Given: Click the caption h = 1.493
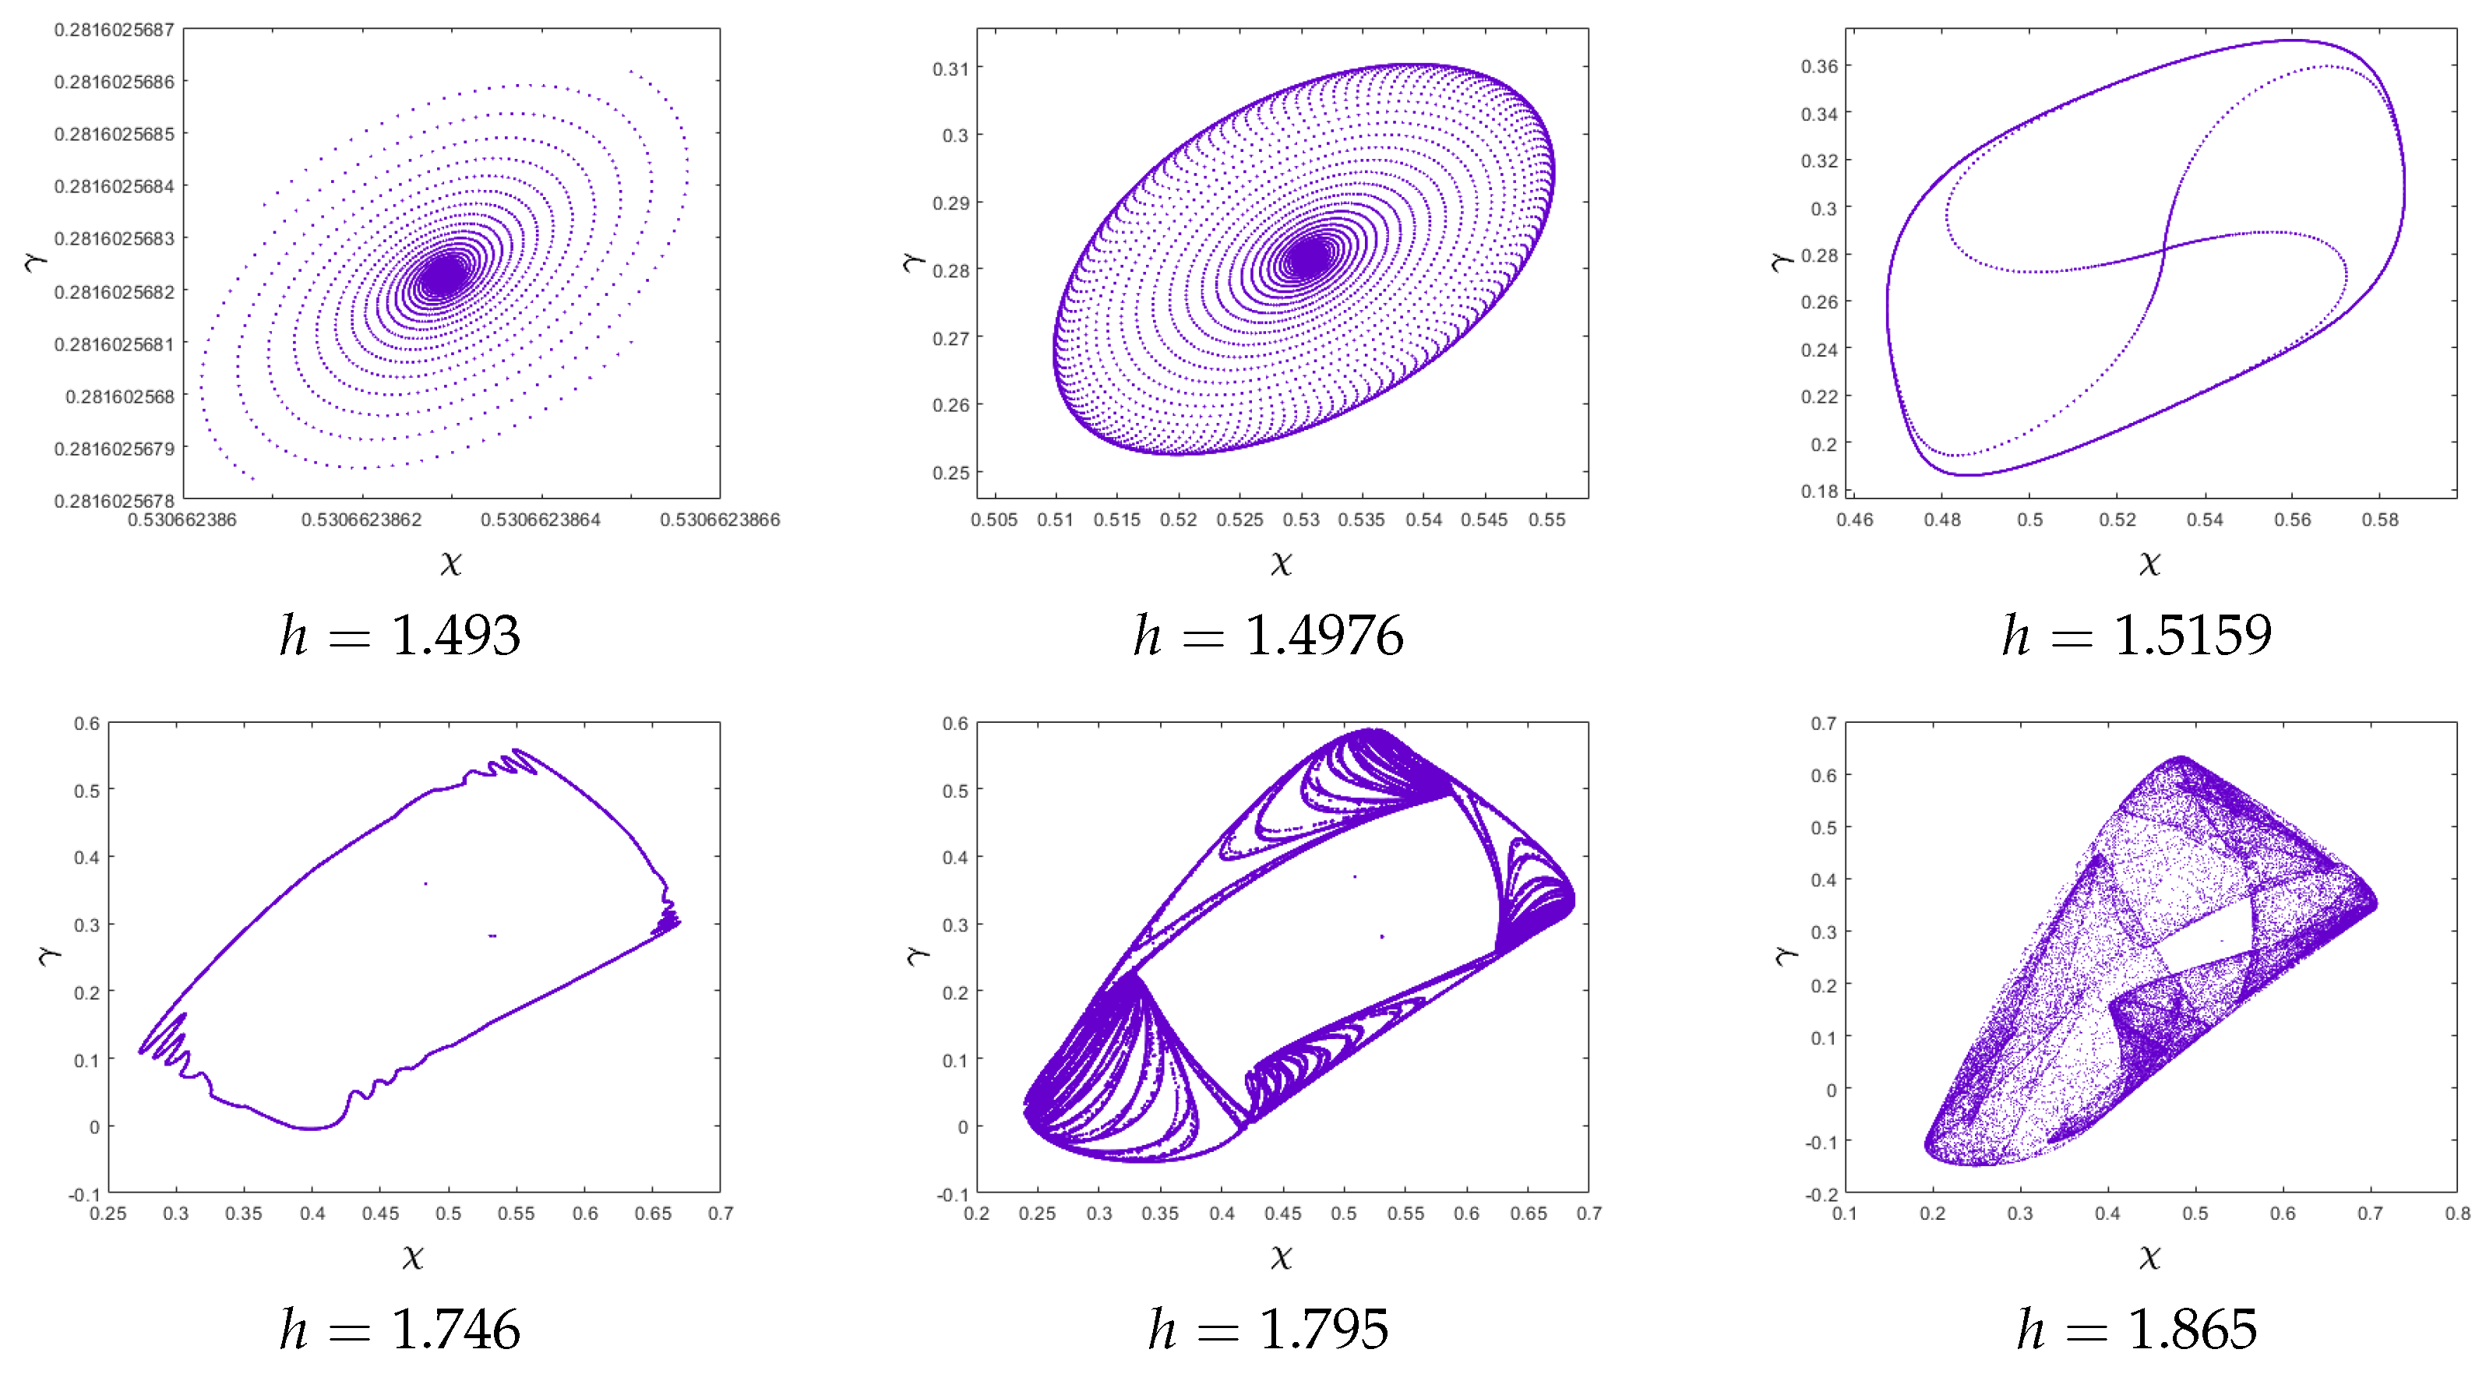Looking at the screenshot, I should click(x=400, y=636).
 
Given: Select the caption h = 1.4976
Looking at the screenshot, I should click(x=1268, y=636).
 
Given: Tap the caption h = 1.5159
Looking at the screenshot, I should click(x=2137, y=636).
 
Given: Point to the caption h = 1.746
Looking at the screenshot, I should click(x=400, y=1330).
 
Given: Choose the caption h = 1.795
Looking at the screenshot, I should click(x=1268, y=1330).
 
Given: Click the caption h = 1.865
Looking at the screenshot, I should click(x=2137, y=1330).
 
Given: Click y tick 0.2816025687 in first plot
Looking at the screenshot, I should click(x=114, y=30).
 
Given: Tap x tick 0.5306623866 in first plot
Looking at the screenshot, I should click(x=720, y=520).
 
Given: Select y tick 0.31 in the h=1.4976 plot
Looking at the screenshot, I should click(x=950, y=69).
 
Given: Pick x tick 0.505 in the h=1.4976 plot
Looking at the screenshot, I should click(x=994, y=520).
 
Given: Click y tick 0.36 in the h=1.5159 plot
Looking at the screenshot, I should click(x=1819, y=65).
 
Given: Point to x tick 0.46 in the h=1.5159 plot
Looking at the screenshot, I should click(x=1855, y=520).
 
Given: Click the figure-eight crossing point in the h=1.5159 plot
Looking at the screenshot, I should click(x=2163, y=250).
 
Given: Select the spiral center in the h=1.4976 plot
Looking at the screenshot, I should click(x=1309, y=258).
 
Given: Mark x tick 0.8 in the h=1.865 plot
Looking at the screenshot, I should click(x=2457, y=1214).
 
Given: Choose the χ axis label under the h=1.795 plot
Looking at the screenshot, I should click(x=1282, y=1256).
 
